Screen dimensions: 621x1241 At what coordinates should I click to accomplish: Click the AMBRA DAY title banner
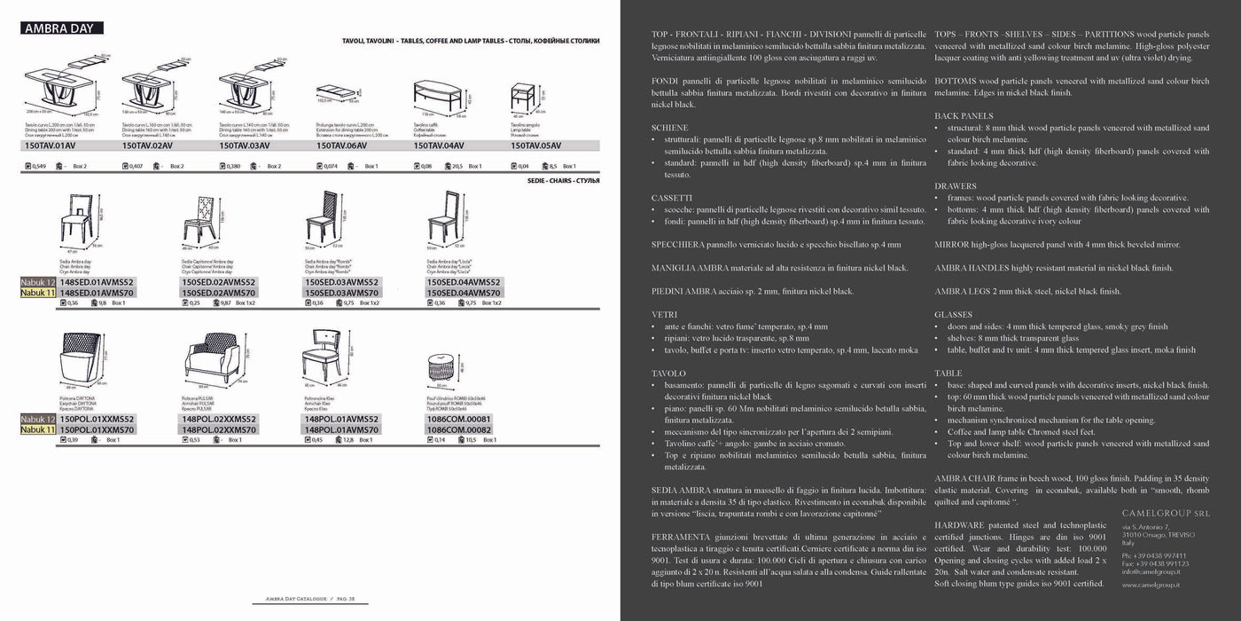pos(61,28)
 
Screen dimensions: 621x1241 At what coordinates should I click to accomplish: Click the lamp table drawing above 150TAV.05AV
pos(523,98)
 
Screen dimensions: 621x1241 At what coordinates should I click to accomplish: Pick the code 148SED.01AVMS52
pos(97,282)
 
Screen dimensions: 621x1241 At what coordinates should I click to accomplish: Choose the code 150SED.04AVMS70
pos(464,292)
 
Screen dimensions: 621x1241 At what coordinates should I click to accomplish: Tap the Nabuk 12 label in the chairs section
pos(38,282)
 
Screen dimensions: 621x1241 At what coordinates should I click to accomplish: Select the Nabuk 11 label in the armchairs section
pos(38,429)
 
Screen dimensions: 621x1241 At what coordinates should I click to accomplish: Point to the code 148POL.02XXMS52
pos(218,419)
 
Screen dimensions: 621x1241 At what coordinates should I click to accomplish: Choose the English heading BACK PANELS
pos(964,116)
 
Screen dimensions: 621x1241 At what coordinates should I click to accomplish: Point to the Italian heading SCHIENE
pos(669,128)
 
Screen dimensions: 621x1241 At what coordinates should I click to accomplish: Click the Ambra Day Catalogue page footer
pos(298,600)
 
